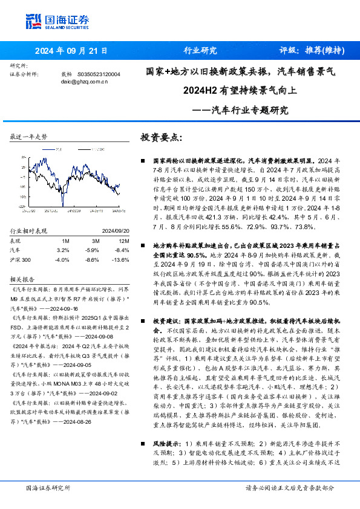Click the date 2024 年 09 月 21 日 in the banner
point(71,51)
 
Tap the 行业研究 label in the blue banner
point(200,51)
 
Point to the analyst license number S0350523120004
point(99,73)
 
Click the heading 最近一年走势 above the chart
point(28,137)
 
